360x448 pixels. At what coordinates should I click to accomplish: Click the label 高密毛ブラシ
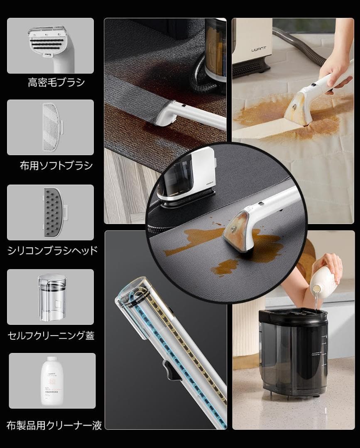(x=56, y=82)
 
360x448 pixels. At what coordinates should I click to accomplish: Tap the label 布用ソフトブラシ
(x=56, y=166)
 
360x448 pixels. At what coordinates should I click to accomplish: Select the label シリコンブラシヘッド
(x=53, y=250)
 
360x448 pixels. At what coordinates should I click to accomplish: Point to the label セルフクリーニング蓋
(x=51, y=335)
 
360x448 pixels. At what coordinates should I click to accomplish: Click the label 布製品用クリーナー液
(x=54, y=425)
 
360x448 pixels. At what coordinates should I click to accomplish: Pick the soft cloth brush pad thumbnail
(x=51, y=127)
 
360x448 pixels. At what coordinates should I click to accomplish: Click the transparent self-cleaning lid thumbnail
(x=51, y=296)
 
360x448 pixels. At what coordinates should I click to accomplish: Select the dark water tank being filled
(x=293, y=353)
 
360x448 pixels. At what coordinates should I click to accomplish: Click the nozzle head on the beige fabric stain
(x=298, y=109)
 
